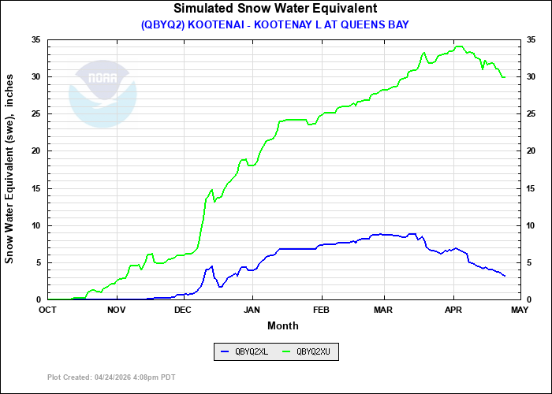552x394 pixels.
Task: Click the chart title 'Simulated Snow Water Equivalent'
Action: point(275,9)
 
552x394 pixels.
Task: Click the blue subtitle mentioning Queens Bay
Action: point(275,24)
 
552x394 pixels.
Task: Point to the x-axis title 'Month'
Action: point(283,325)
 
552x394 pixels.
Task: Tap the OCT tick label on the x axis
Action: point(48,309)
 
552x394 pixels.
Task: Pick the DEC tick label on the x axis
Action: point(183,309)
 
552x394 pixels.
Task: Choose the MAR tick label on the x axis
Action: point(384,309)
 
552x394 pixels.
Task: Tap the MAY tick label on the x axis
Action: point(520,309)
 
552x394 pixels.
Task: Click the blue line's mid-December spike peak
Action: point(211,266)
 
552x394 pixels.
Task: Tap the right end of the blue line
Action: point(505,276)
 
